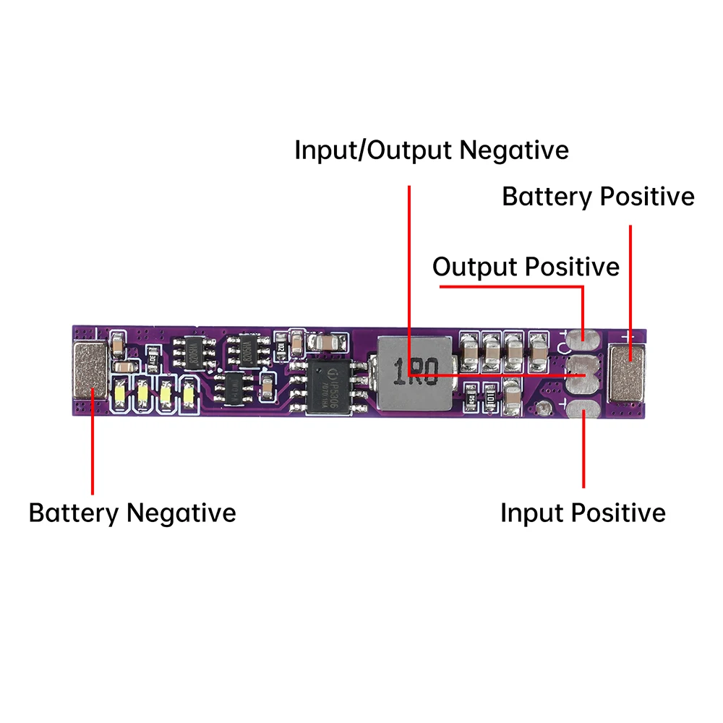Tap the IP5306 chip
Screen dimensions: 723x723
click(x=329, y=388)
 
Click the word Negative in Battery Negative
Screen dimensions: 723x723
click(x=181, y=513)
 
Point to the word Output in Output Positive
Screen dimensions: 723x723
click(x=476, y=267)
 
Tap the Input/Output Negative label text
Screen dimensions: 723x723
click(x=432, y=150)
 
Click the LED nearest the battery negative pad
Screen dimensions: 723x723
click(x=120, y=395)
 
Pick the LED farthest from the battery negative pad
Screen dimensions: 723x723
click(x=189, y=395)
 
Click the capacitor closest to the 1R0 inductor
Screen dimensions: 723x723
click(x=469, y=349)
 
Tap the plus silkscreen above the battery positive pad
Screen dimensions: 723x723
click(x=626, y=335)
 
